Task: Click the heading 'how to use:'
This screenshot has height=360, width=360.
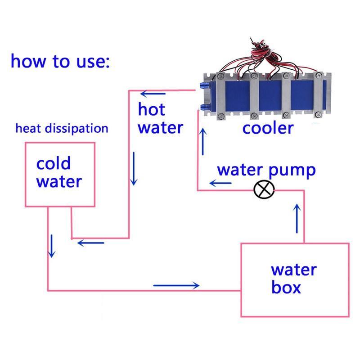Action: point(60,61)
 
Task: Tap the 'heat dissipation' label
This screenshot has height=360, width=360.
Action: point(62,128)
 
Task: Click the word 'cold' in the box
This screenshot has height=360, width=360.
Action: point(54,163)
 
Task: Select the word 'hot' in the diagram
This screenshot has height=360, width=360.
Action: point(151,109)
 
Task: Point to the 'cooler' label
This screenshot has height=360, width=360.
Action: point(268,128)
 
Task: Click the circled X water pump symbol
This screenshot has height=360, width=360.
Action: point(263,190)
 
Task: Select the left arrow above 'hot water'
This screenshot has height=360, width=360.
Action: point(153,94)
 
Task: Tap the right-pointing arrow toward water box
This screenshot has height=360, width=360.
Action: point(176,285)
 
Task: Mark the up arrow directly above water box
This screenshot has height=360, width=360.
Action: point(297,218)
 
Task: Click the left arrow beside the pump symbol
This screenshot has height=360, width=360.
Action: point(220,183)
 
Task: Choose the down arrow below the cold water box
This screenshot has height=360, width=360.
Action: point(52,246)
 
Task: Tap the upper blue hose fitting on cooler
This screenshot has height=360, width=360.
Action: point(202,85)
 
